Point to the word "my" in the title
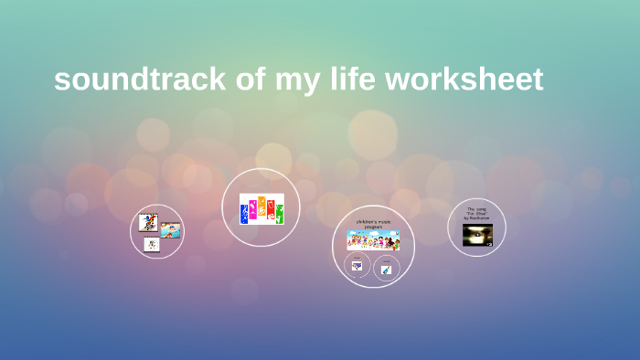294,79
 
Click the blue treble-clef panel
244,213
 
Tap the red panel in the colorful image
271,210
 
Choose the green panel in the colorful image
279,213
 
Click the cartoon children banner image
373,240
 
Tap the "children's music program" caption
373,224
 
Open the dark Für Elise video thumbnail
477,235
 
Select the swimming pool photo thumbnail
171,230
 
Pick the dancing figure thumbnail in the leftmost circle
148,222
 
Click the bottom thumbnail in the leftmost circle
152,244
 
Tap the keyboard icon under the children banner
357,266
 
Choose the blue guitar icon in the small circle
386,269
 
